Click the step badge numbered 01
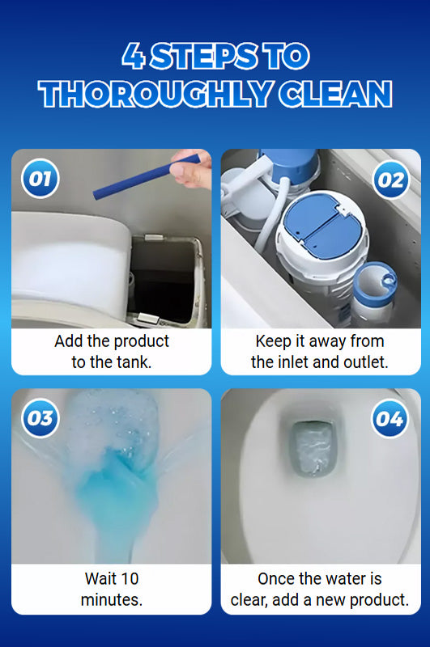click(40, 178)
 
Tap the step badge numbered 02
click(390, 180)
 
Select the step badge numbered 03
click(40, 418)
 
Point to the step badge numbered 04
click(390, 419)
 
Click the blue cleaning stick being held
click(147, 176)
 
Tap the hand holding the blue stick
click(190, 168)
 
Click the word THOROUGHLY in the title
click(155, 94)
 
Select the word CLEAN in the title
click(335, 94)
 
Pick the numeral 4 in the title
click(134, 56)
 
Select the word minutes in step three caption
click(112, 599)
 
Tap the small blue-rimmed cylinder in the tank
click(375, 291)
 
